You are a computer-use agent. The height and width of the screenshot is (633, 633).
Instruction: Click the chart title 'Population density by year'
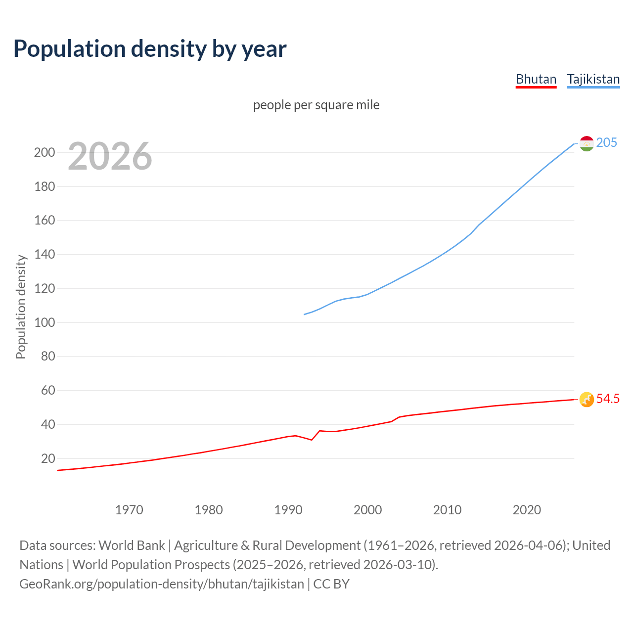[150, 48]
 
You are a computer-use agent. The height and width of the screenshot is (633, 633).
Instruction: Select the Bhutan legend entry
[536, 79]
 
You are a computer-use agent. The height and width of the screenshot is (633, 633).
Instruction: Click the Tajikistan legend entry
[593, 79]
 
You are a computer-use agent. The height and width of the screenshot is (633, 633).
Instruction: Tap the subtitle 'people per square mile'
[316, 105]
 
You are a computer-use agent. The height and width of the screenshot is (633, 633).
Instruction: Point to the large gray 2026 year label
[110, 156]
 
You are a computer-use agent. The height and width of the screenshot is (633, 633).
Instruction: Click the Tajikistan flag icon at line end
[586, 143]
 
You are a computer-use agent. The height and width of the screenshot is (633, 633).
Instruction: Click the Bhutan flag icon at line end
[586, 399]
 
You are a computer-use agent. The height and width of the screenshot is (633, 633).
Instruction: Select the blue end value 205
[606, 142]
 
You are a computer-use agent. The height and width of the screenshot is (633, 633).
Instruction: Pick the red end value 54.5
[608, 399]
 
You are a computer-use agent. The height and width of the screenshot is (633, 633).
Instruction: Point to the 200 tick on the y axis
[45, 152]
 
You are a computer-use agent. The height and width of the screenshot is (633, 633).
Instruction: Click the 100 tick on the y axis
[45, 322]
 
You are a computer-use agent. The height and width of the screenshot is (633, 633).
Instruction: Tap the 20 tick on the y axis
[48, 458]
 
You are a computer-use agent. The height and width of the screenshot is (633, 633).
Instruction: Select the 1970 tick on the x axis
[129, 510]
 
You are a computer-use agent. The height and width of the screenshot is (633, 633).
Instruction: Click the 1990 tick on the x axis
[288, 510]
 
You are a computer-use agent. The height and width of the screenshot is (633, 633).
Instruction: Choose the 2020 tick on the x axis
[527, 510]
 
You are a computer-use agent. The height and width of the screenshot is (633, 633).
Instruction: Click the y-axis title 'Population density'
[21, 307]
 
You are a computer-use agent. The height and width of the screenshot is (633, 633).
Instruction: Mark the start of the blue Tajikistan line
[304, 315]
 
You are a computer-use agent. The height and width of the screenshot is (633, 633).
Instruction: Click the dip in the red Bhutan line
[312, 440]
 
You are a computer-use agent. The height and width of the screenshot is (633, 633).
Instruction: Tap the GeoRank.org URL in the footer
[162, 584]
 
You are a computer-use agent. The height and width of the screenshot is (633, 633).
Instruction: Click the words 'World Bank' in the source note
[132, 545]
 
